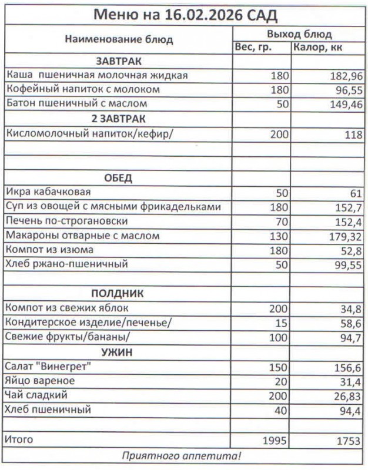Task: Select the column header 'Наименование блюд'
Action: click(119, 40)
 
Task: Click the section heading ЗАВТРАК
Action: click(119, 62)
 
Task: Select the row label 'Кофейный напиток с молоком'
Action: click(83, 90)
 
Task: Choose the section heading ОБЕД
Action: click(118, 177)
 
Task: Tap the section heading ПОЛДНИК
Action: click(118, 293)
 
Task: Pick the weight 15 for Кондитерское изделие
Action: click(282, 323)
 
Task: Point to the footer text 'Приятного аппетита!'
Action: click(182, 456)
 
